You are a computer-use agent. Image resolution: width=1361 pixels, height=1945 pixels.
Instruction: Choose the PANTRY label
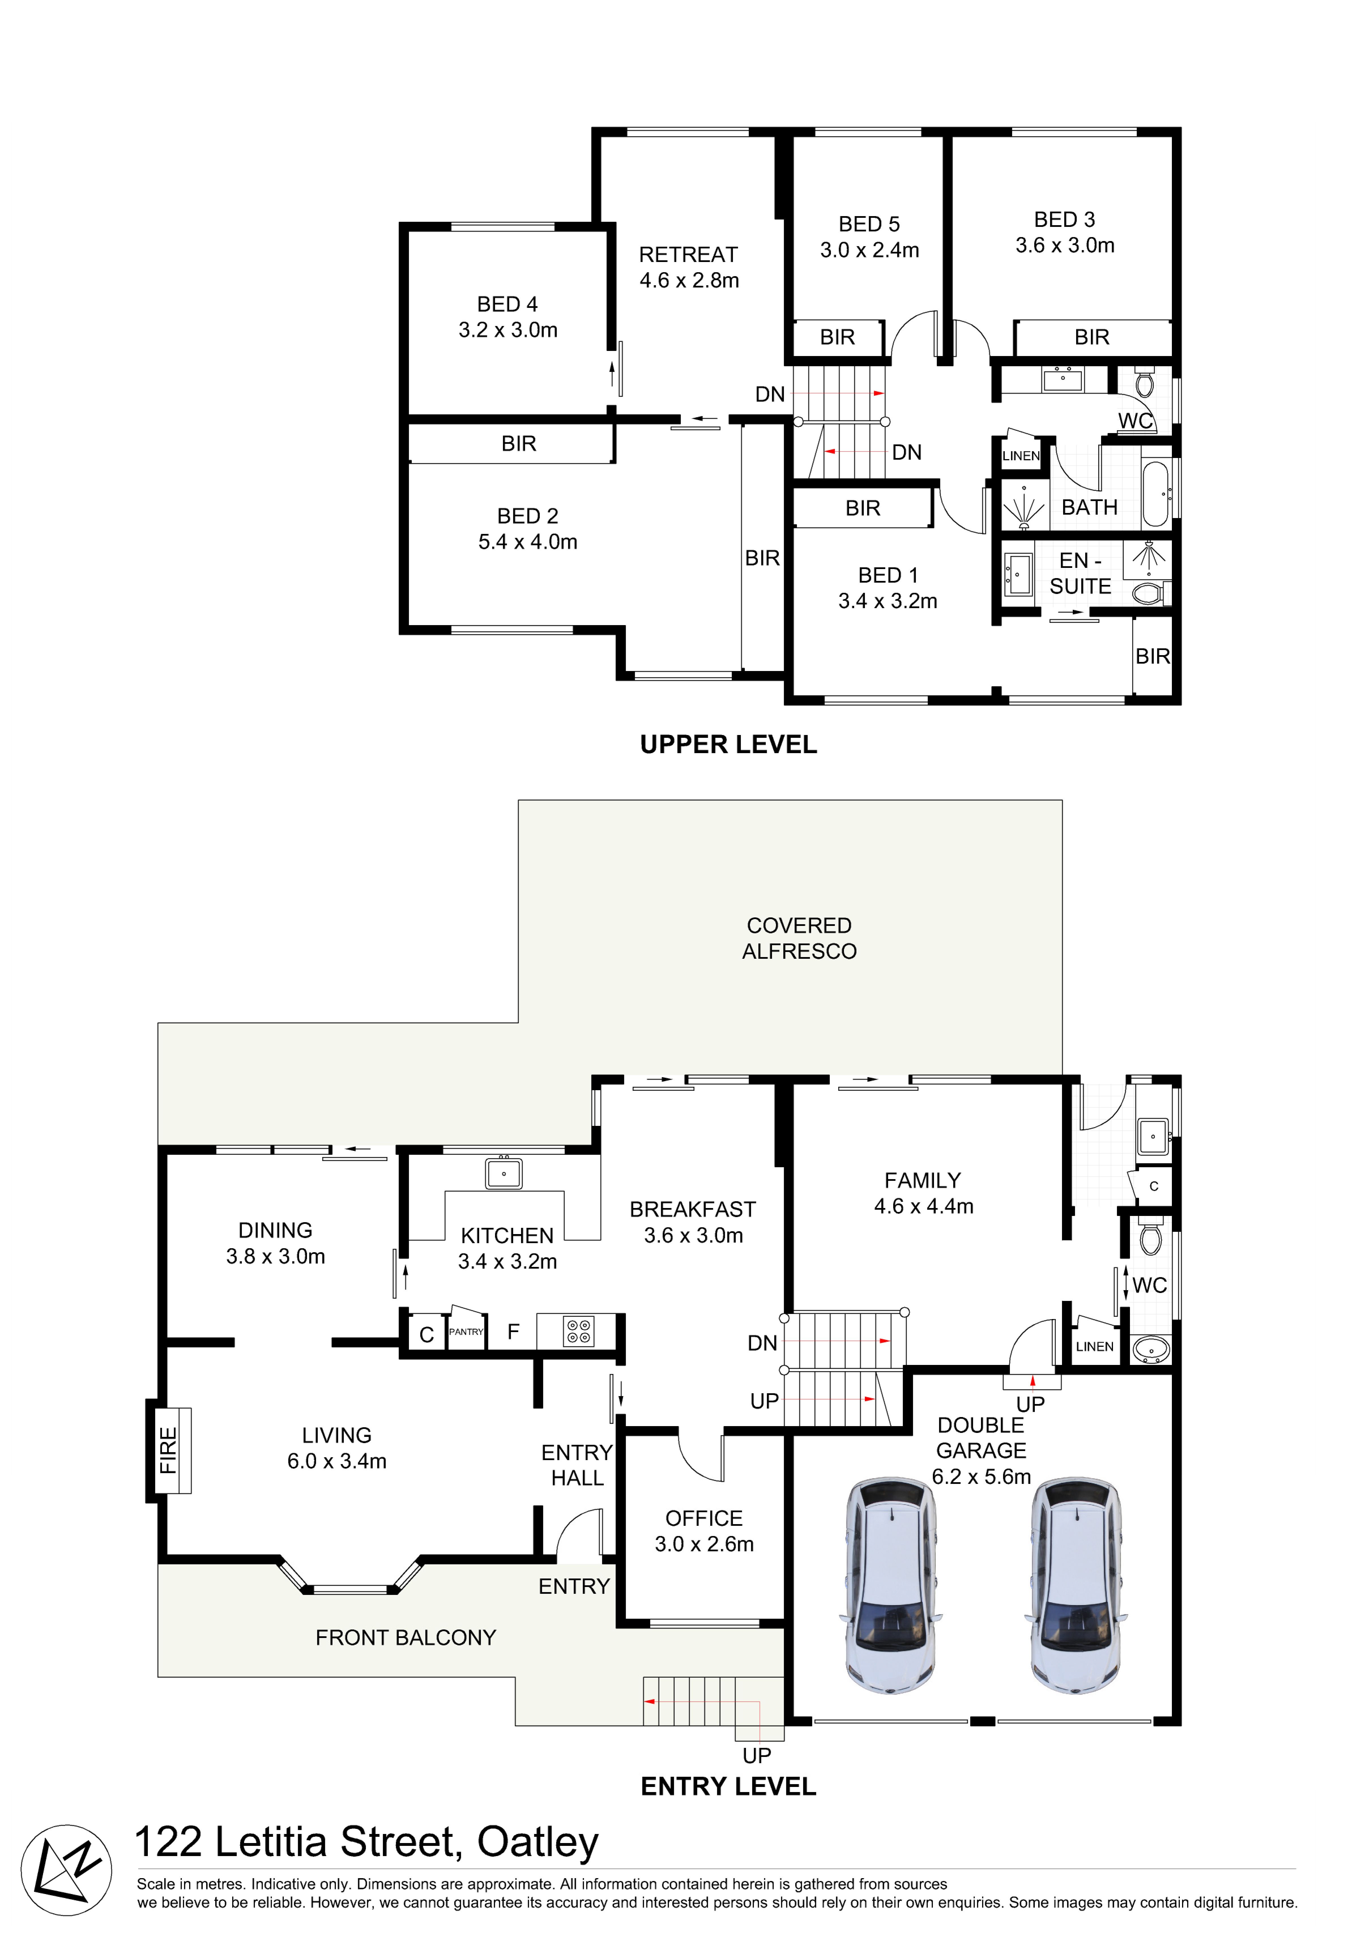coord(466,1332)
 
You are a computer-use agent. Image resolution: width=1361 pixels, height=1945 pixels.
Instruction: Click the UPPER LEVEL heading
coord(728,745)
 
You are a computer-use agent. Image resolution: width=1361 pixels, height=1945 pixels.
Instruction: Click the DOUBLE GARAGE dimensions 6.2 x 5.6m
coord(982,1477)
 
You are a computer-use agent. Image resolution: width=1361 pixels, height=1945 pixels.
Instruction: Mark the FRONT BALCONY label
coord(406,1637)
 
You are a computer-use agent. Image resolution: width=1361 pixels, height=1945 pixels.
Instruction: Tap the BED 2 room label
coord(528,516)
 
